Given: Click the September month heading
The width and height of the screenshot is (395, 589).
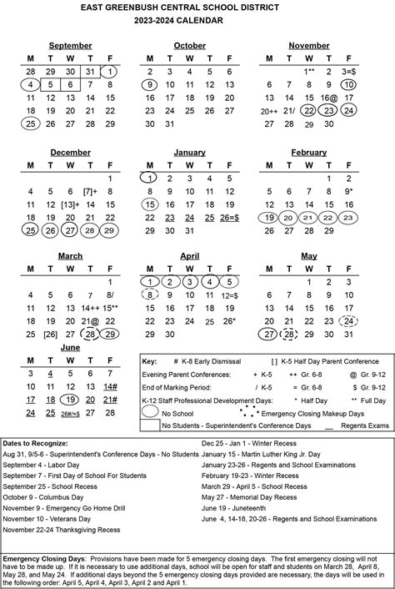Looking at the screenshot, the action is tap(70, 45).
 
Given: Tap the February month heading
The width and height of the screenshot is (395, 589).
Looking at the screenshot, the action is tap(308, 153).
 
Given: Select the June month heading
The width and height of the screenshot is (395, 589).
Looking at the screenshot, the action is tap(70, 346).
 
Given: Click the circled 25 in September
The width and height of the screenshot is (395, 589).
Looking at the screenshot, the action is tap(31, 123).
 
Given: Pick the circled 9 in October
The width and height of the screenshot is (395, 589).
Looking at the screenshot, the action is tap(150, 84).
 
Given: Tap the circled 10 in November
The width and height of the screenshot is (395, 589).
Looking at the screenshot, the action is tap(348, 84).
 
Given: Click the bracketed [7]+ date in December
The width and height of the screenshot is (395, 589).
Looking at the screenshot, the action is tap(90, 191).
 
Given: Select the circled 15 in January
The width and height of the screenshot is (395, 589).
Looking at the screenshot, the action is tap(150, 204).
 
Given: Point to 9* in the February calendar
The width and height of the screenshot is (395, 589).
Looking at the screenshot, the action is tap(349, 191).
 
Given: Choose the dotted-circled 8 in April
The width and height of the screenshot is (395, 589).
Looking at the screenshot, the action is tap(150, 294).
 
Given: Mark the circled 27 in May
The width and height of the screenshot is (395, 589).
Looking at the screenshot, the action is tap(268, 335).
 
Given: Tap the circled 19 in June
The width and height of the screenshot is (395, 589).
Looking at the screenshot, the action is tap(70, 400).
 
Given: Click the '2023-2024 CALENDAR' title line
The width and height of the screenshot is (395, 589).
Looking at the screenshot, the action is tap(198, 23).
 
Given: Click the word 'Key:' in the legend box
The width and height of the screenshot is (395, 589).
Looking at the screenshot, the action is tap(151, 362).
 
